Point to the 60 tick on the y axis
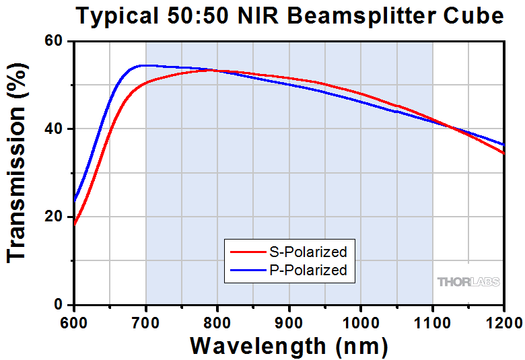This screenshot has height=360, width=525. click(x=54, y=42)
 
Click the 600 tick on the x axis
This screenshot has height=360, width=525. click(x=74, y=322)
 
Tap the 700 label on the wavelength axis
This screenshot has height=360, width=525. click(x=146, y=322)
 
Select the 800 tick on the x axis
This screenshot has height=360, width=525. click(x=217, y=322)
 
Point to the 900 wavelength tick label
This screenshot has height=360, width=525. click(x=289, y=322)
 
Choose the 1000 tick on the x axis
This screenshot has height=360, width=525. click(x=361, y=322)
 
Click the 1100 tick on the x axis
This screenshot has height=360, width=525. click(x=433, y=322)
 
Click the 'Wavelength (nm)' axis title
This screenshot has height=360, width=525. click(x=289, y=345)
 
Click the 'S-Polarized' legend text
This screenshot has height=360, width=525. click(x=306, y=252)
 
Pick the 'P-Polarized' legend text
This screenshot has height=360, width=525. click(x=306, y=271)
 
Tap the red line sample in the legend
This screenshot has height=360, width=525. click(x=246, y=252)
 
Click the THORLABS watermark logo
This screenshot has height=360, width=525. click(x=468, y=282)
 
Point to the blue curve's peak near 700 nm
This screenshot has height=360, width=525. click(x=142, y=65)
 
